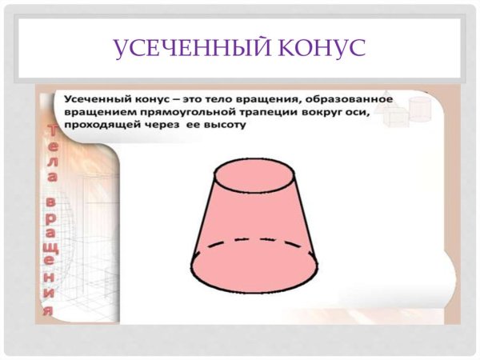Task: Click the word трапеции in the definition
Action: tap(253, 112)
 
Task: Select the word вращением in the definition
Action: tap(95, 112)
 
